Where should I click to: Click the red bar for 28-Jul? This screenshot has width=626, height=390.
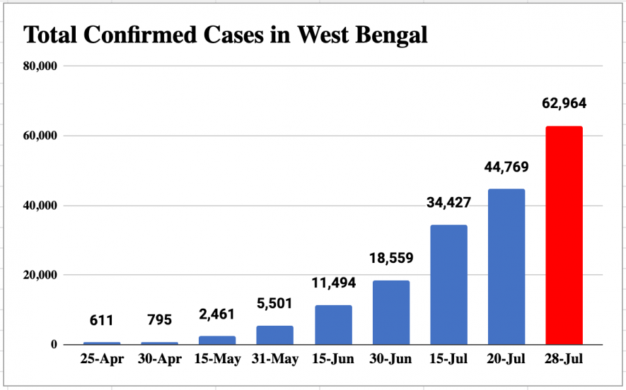564,235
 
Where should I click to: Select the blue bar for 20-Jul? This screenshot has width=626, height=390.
506,266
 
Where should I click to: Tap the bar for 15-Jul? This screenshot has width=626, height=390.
448,285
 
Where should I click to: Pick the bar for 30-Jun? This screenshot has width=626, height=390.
390,312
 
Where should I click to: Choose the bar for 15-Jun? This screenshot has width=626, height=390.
333,325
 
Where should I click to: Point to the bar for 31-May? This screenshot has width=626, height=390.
275,335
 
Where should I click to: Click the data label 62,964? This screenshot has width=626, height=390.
564,104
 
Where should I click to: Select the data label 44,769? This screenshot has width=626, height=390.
506,167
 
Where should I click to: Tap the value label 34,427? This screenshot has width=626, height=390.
448,203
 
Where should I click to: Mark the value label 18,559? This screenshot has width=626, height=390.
390,258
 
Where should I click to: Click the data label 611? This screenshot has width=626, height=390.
102,320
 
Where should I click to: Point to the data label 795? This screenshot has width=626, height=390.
160,320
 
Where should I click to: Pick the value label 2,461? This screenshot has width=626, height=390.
218,314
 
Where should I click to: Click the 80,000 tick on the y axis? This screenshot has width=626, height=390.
40,66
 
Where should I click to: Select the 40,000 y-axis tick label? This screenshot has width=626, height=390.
40,206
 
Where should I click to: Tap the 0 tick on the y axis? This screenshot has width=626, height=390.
53,345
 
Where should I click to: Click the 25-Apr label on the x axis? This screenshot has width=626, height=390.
102,360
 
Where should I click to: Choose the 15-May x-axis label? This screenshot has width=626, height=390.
218,360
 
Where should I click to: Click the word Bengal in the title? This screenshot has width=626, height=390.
390,34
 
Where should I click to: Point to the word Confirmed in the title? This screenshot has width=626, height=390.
141,34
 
